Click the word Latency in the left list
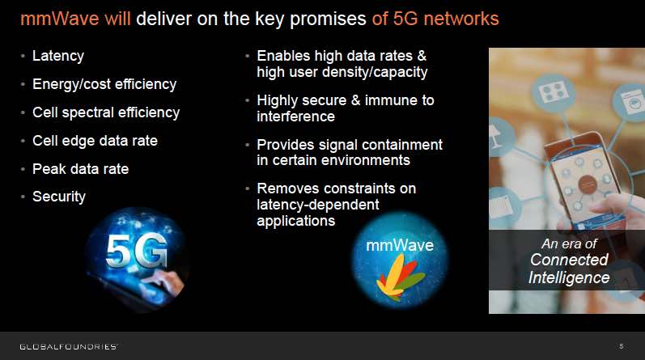[x=58, y=56]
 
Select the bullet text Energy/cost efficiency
[x=104, y=84]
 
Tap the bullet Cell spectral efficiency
[x=106, y=112]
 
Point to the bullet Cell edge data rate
[x=95, y=141]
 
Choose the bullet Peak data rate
[x=81, y=169]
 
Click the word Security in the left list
[x=59, y=197]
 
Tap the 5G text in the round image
[x=137, y=251]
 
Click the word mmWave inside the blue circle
[x=400, y=245]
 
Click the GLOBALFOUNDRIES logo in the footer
[x=69, y=346]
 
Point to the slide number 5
[x=622, y=346]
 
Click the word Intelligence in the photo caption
[x=569, y=277]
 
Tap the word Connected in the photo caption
[x=569, y=260]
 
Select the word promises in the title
[x=328, y=19]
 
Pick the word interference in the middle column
[x=295, y=116]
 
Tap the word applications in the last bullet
[x=295, y=221]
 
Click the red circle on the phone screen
[x=588, y=184]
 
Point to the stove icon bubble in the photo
[x=554, y=92]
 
